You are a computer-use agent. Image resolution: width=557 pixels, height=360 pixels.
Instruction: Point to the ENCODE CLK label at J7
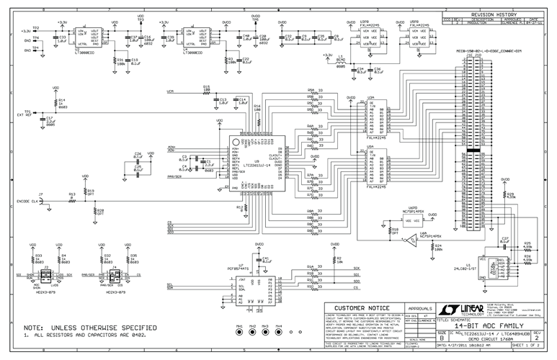click(x=27, y=202)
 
